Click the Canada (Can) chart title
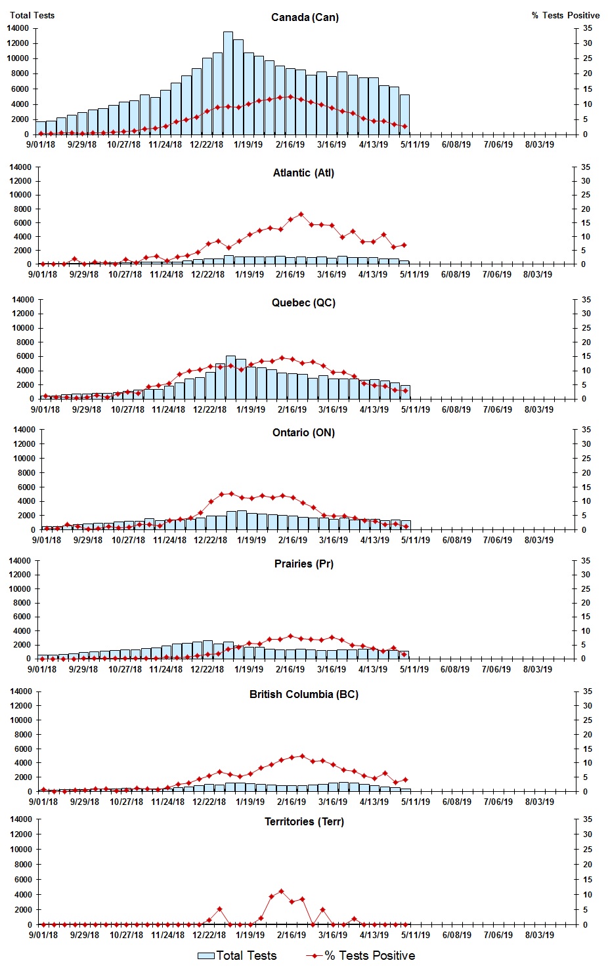[305, 17]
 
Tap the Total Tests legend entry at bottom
[237, 955]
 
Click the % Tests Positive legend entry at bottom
[360, 955]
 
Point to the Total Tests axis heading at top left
[32, 15]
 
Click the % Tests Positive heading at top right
[565, 15]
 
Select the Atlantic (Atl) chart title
[303, 173]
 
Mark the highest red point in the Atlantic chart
[301, 214]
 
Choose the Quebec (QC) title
[303, 302]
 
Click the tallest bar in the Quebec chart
[230, 377]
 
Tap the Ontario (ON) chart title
[303, 432]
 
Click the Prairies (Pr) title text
[303, 564]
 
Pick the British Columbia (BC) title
[303, 694]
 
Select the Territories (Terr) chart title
[303, 821]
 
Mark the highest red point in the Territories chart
[281, 891]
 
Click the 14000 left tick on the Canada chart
[18, 28]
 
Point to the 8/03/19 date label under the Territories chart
[538, 935]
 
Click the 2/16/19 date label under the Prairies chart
[290, 670]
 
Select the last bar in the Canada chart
[404, 115]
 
